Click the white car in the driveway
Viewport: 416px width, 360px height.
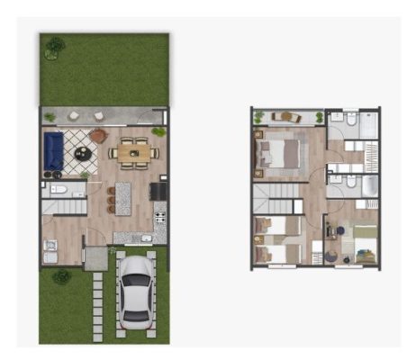[133, 290]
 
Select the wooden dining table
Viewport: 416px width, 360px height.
[133, 152]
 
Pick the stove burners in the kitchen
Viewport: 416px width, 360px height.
[161, 218]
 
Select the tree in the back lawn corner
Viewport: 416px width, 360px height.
[55, 44]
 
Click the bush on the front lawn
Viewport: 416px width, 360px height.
[61, 276]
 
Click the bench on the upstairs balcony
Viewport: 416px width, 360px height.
[287, 116]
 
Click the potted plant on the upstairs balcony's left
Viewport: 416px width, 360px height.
[259, 116]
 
